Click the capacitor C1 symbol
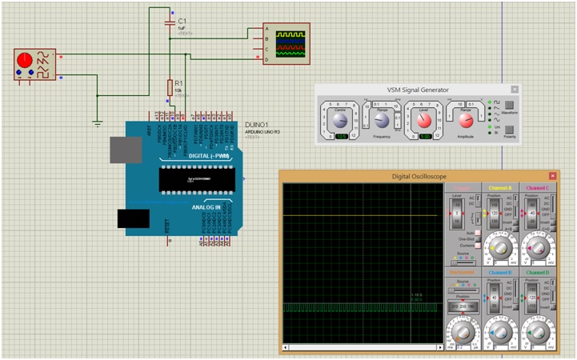point(170,24)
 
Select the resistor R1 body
point(170,87)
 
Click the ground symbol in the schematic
point(97,122)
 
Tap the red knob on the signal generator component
point(24,60)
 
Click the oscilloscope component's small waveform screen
point(291,45)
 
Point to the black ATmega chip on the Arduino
point(195,180)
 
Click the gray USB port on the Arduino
point(125,150)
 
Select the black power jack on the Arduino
point(133,219)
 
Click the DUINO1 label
point(256,126)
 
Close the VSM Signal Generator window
point(515,90)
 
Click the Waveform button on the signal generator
point(509,105)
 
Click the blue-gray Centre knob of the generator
point(339,120)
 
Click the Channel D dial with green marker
point(537,330)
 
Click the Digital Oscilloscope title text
point(418,176)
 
